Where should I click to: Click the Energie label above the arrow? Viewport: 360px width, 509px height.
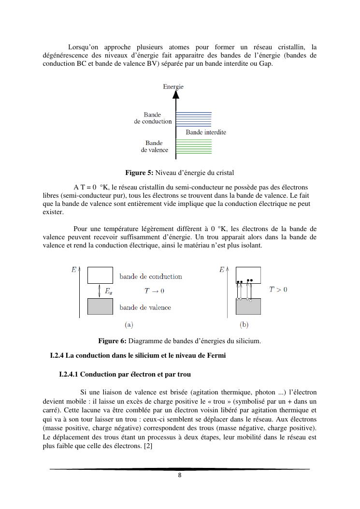tap(173, 87)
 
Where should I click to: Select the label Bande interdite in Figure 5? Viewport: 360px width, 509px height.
tap(206, 132)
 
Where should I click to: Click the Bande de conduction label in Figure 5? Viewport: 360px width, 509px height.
tap(153, 118)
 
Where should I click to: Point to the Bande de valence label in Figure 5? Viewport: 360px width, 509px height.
tap(154, 146)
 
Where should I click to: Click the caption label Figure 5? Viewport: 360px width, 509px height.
tap(139, 173)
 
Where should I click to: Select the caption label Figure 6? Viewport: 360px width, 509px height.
tap(112, 341)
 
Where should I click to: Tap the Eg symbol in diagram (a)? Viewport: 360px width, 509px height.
tap(109, 291)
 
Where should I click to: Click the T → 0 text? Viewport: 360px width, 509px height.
tap(154, 291)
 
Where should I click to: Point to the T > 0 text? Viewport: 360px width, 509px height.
tap(278, 290)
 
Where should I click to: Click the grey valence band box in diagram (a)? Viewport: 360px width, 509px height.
tap(100, 306)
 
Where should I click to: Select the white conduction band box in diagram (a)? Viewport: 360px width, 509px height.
tap(100, 275)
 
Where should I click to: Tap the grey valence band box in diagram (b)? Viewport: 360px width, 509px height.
tap(248, 306)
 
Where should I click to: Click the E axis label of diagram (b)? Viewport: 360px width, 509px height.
tap(222, 270)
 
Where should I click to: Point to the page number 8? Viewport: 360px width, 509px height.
tap(180, 475)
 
